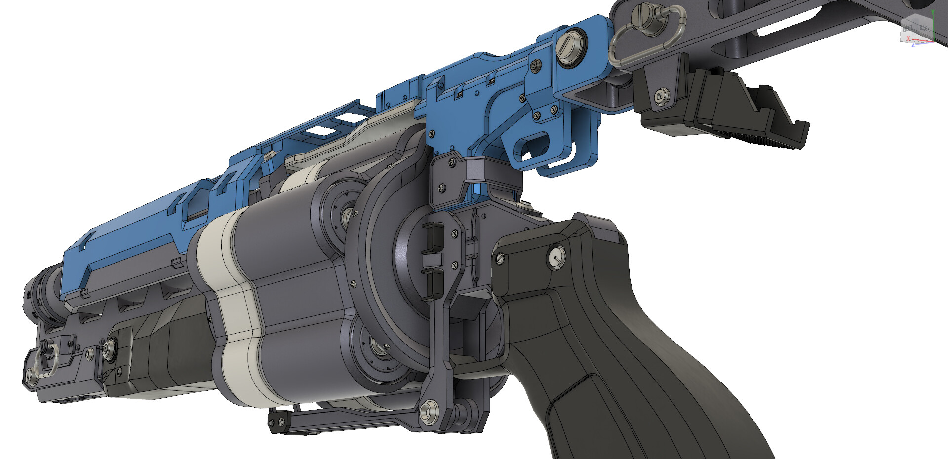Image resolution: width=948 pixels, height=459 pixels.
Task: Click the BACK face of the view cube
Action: pyautogui.click(x=924, y=29)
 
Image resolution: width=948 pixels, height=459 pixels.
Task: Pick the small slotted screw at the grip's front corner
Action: pyautogui.click(x=499, y=258)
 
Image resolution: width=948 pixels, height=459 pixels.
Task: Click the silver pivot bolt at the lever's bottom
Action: pyautogui.click(x=429, y=411)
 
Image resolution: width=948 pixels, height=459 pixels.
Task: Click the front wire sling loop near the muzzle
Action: pyautogui.click(x=47, y=363)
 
